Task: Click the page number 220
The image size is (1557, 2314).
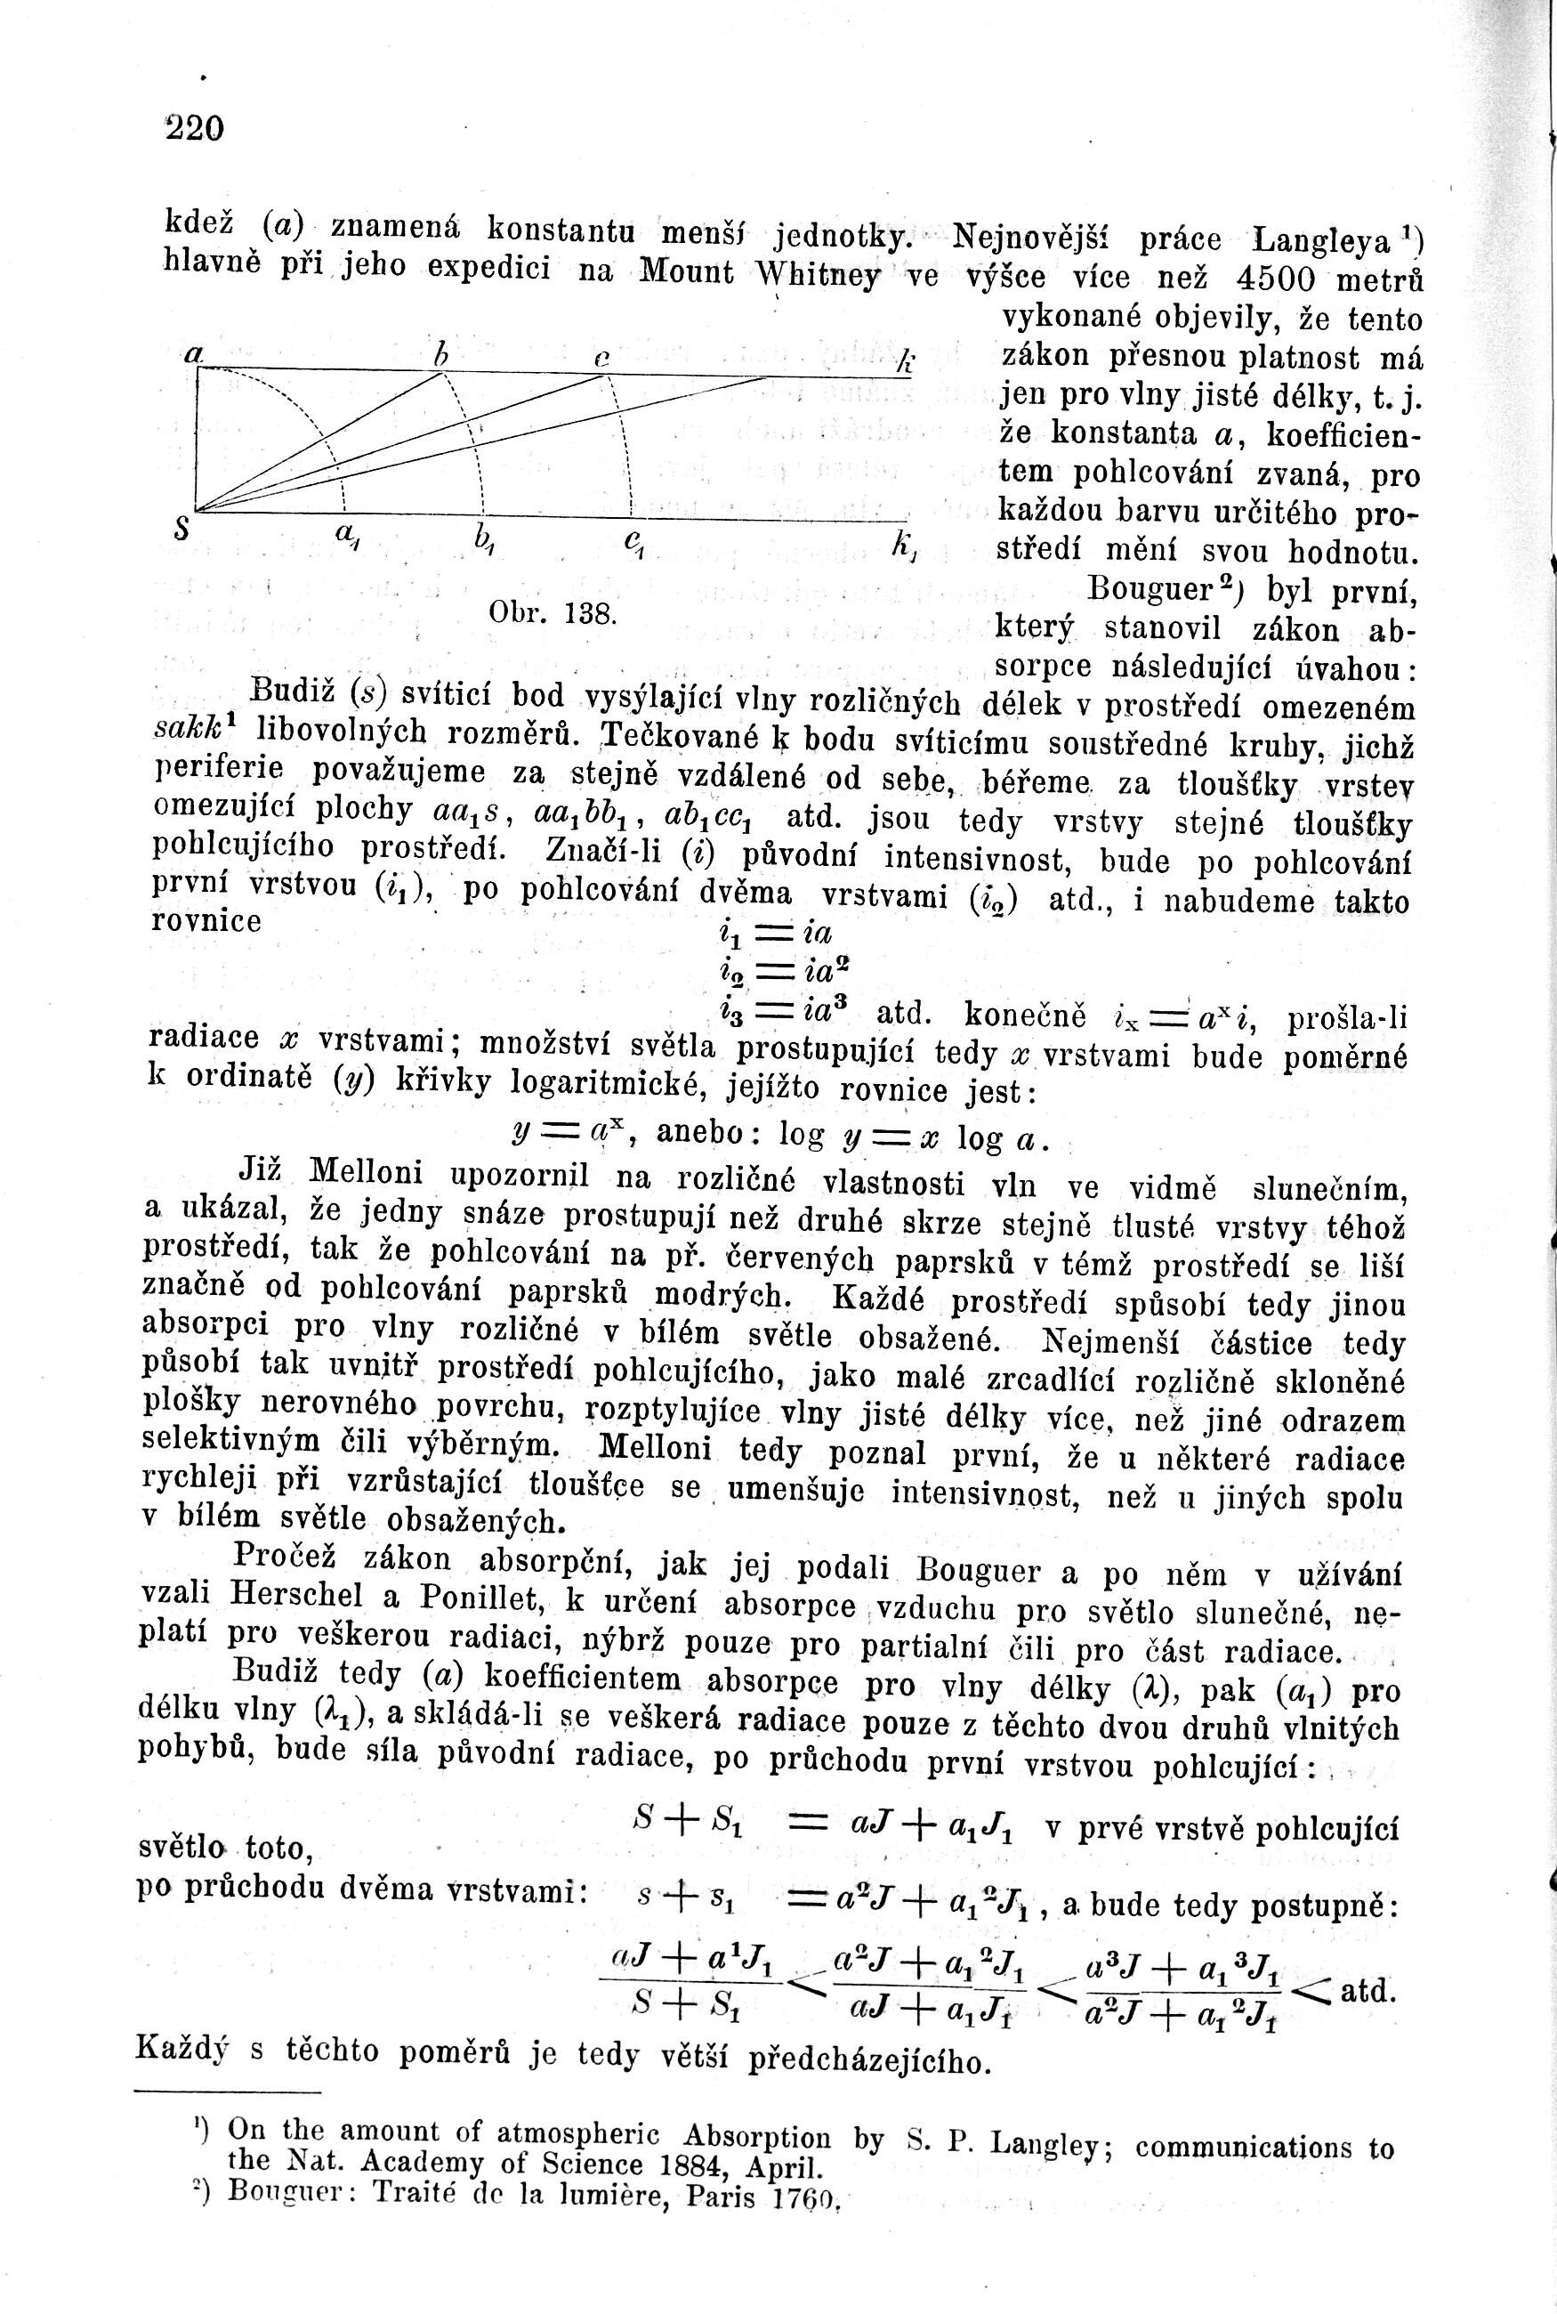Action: [196, 129]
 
